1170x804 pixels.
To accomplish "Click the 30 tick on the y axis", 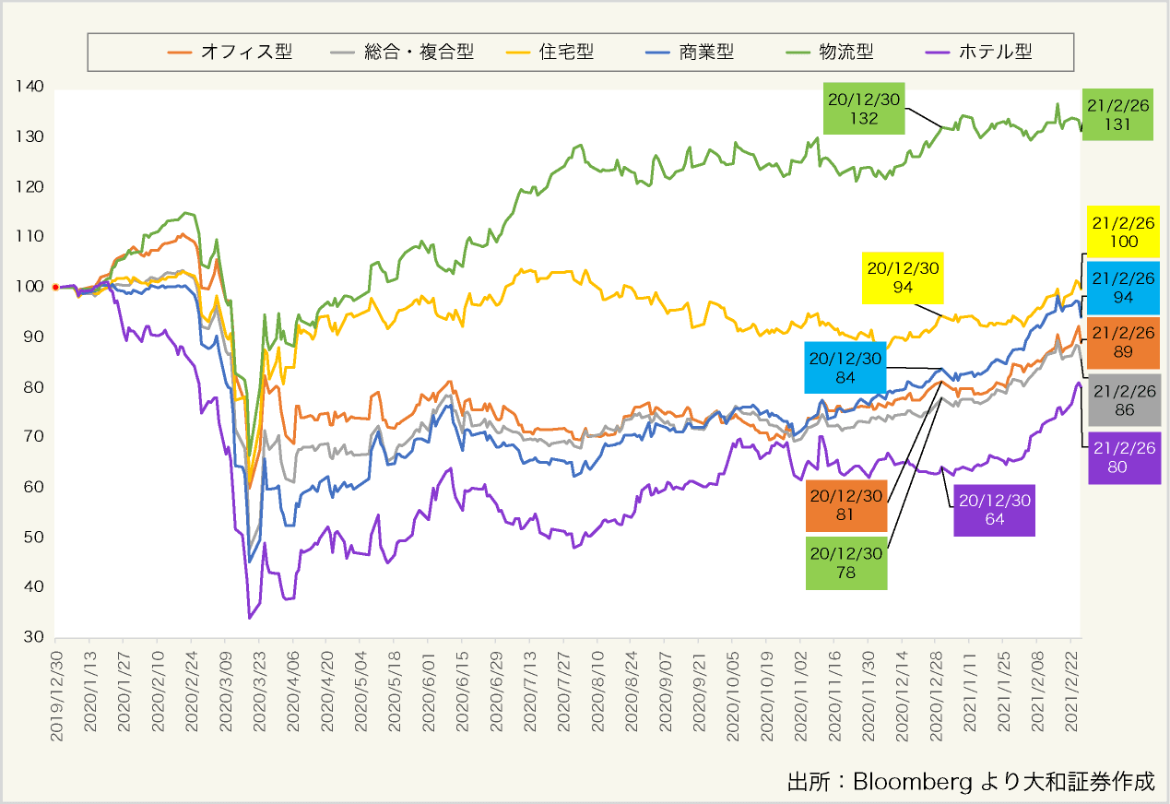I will [x=32, y=637].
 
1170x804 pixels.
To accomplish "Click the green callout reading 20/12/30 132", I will [x=863, y=108].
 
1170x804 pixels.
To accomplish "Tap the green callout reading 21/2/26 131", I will [x=1117, y=114].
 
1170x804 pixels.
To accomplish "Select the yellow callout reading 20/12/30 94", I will [x=902, y=277].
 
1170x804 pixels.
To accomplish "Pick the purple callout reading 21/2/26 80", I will [x=1123, y=457].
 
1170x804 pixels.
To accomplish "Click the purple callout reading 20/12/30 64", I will [x=994, y=510].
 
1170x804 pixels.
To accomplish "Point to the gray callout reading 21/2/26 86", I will [x=1123, y=400].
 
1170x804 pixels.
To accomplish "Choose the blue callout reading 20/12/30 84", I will [x=845, y=368].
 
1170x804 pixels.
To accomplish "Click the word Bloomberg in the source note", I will [x=912, y=781].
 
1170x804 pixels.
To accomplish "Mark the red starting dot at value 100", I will [x=55, y=287].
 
